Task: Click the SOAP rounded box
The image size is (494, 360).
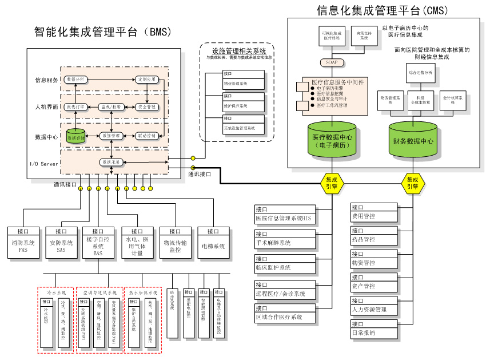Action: click(x=332, y=62)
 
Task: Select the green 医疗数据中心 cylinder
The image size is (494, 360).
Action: click(x=332, y=140)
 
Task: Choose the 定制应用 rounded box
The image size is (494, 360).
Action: click(x=147, y=79)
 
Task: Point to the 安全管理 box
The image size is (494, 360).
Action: click(x=147, y=107)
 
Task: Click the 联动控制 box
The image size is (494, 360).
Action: click(x=147, y=136)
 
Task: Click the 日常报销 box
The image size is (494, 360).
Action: click(x=373, y=329)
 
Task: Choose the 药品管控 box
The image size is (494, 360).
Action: click(x=373, y=235)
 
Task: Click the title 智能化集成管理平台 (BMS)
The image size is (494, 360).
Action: click(x=103, y=31)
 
